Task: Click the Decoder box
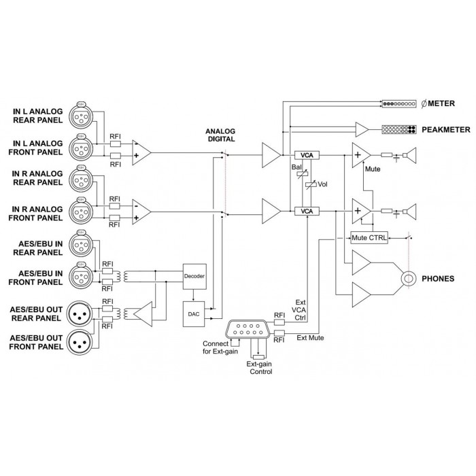[x=194, y=276]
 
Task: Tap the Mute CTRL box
[x=368, y=237]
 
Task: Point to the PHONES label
[x=438, y=279]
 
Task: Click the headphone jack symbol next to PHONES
[x=409, y=278]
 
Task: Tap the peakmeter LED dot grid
[x=400, y=129]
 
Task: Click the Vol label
[x=322, y=184]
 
